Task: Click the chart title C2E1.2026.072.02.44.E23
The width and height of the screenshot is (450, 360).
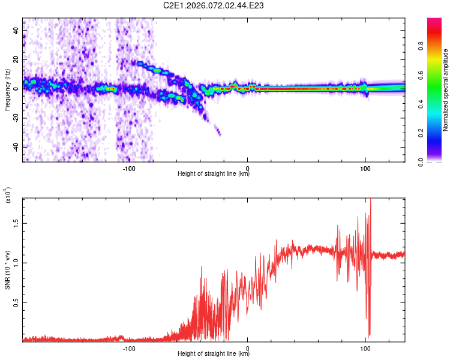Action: pos(214,5)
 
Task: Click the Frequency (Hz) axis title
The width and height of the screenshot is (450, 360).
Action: pos(7,90)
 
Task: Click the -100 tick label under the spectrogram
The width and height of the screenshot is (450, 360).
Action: pos(129,169)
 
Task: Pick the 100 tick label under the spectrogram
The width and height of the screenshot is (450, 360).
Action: pos(365,169)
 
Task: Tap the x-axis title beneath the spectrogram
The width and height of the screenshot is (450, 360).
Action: pos(214,174)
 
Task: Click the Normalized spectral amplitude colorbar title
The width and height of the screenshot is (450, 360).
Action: pos(446,90)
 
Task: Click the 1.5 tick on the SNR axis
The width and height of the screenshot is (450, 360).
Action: pos(17,222)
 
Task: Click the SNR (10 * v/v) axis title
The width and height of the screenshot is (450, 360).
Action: pos(7,267)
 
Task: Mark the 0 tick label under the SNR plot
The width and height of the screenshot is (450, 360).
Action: pos(248,349)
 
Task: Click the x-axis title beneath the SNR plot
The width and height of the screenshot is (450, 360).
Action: pos(214,354)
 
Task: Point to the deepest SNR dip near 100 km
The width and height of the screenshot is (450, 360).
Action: pos(368,336)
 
